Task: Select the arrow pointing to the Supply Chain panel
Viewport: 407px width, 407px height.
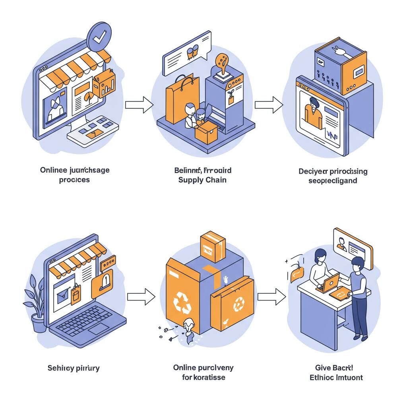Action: [x=139, y=105]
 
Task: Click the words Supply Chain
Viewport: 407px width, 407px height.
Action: [x=203, y=180]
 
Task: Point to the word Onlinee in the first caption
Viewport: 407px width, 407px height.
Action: [x=54, y=170]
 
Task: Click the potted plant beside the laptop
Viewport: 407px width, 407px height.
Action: [x=36, y=306]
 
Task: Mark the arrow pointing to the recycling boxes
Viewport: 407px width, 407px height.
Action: [x=140, y=297]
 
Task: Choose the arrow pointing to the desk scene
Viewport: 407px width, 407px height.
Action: [x=271, y=297]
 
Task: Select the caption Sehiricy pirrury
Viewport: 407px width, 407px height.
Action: [x=74, y=368]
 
